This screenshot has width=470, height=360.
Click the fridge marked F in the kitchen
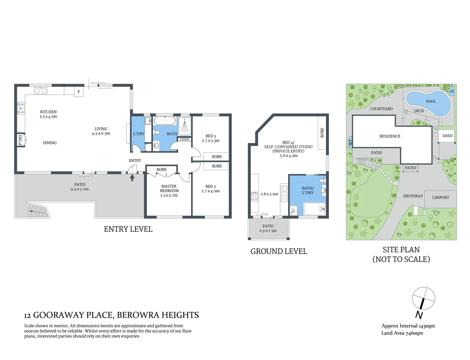[x=79, y=92]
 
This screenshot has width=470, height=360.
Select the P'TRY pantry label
[x=20, y=140]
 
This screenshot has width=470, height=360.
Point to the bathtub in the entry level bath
[x=164, y=121]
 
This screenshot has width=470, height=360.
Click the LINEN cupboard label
[x=184, y=139]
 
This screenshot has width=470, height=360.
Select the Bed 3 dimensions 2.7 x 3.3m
[x=210, y=141]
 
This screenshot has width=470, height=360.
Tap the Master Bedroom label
[x=169, y=188]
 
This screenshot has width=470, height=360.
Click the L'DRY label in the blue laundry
[x=139, y=134]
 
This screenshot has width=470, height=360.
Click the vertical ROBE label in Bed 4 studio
[x=322, y=133]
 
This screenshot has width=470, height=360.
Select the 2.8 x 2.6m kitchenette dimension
[x=269, y=194]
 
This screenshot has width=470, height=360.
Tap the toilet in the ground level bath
[x=322, y=180]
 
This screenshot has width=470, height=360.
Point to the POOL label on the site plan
[x=431, y=101]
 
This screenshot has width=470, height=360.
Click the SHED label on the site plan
[x=447, y=136]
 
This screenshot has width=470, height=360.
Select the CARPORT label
[x=440, y=197]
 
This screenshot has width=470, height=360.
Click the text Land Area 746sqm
[x=402, y=333]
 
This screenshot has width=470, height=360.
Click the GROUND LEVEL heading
[x=279, y=251]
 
